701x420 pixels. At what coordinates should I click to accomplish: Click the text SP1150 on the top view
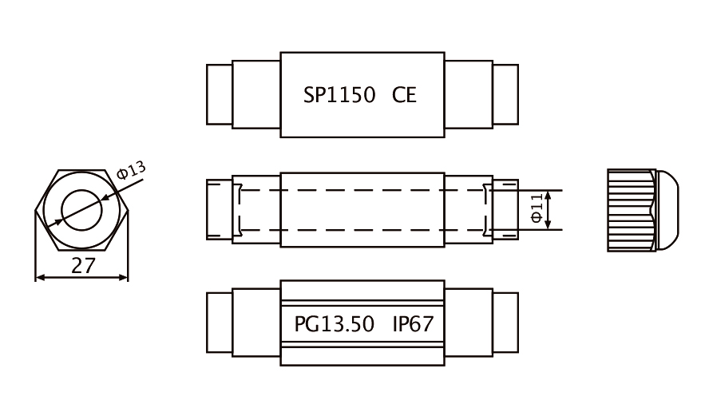(x=339, y=95)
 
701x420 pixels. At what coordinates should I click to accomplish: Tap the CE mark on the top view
(x=404, y=95)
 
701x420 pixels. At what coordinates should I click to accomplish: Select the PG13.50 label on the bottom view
(x=334, y=324)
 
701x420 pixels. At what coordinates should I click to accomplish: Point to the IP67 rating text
(x=413, y=324)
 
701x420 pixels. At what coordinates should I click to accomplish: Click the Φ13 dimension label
(x=131, y=170)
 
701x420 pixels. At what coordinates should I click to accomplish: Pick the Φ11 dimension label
(x=537, y=208)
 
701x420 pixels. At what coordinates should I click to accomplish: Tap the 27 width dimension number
(x=83, y=266)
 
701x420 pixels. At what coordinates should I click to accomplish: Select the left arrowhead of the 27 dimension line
(x=40, y=278)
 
